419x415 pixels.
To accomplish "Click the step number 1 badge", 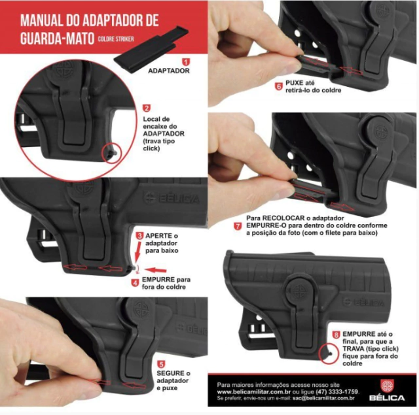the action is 186,62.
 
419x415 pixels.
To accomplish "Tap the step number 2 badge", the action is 147,108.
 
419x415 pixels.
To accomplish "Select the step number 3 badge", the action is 139,236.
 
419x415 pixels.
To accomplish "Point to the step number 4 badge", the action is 136,282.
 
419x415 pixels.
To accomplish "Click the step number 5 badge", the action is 161,364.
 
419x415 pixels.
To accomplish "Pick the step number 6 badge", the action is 279,86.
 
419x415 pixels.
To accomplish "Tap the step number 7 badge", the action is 238,226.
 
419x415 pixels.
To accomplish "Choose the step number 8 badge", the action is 336,335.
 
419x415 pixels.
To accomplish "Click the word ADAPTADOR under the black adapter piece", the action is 169,71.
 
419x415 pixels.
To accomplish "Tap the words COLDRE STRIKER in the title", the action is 116,39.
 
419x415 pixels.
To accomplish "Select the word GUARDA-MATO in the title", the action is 57,38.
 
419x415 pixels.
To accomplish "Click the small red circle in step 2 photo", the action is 112,153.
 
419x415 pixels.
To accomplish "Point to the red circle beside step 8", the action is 329,354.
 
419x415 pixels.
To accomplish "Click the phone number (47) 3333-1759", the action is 337,391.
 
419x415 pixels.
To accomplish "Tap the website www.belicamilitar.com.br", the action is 254,391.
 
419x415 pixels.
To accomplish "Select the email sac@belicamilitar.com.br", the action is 323,398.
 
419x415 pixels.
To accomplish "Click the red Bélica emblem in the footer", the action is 387,386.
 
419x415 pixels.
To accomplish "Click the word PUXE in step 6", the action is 294,83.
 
